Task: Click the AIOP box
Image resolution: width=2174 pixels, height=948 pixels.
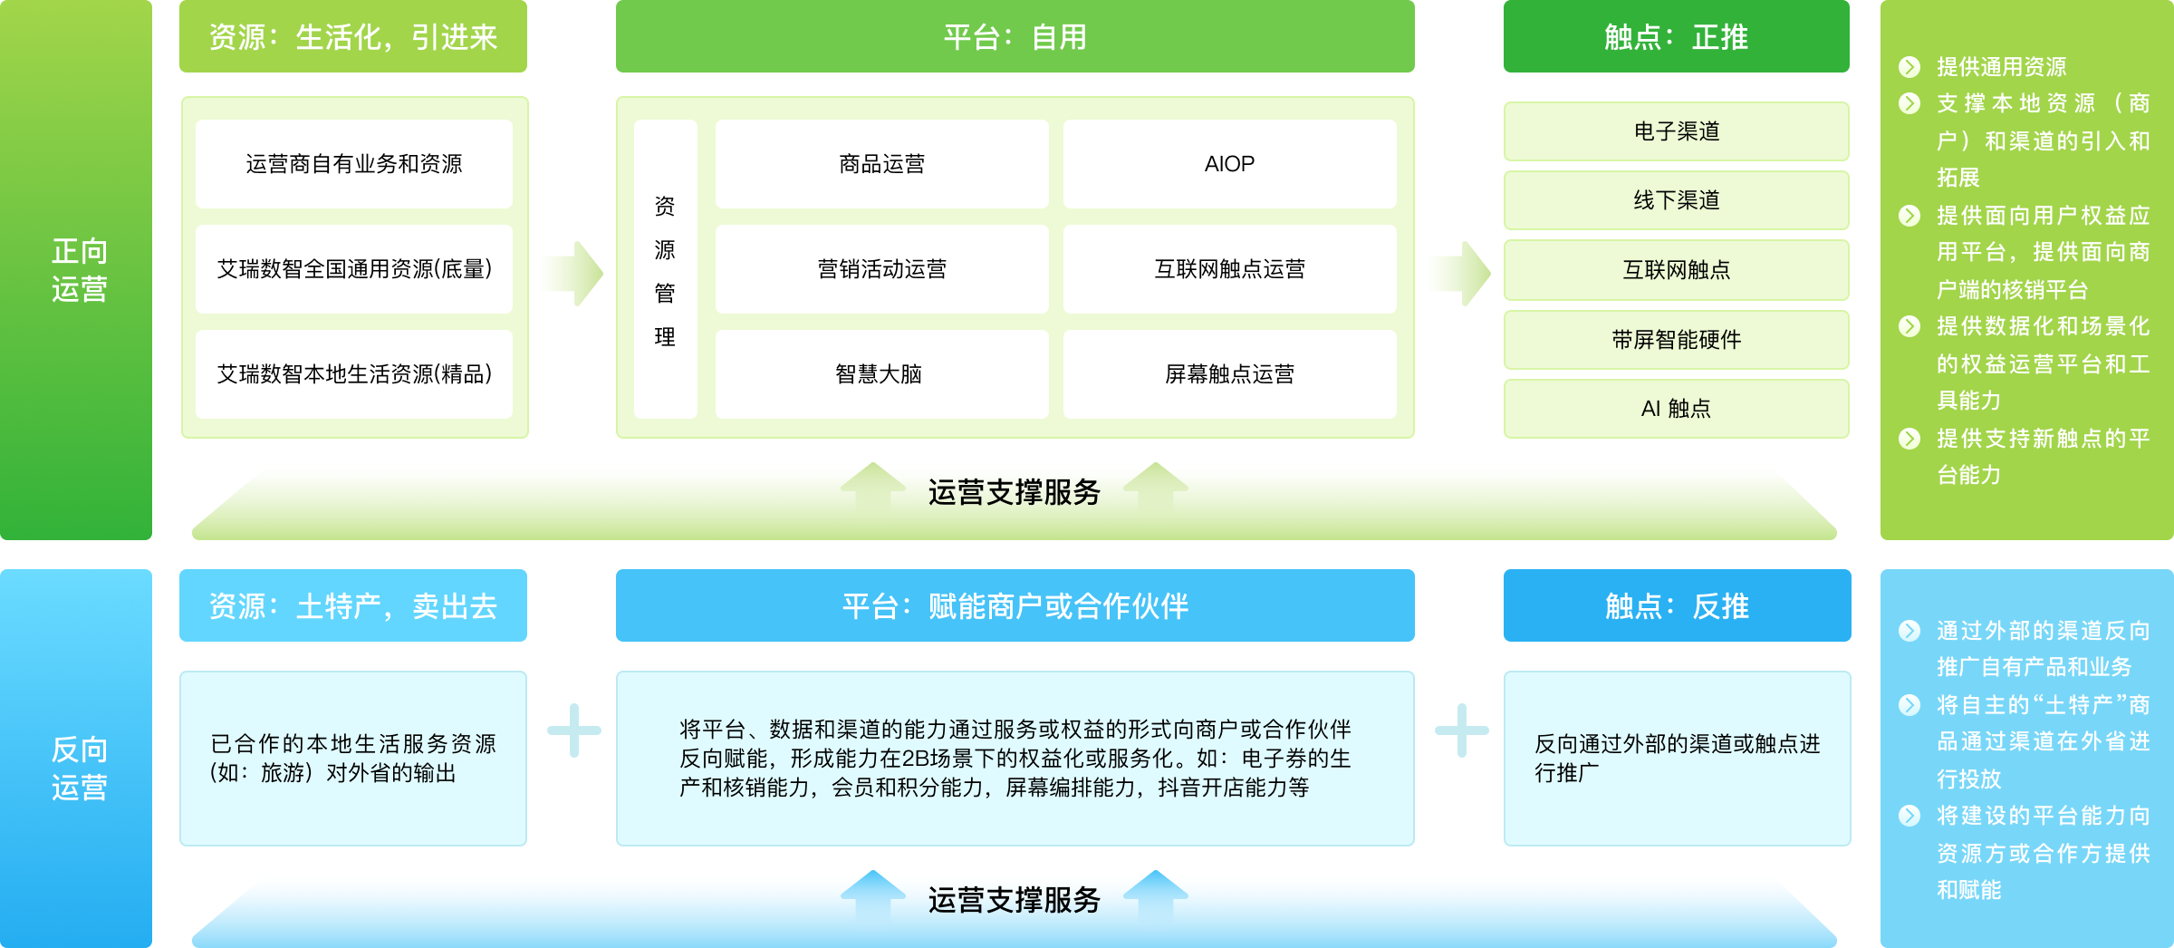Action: point(1229,164)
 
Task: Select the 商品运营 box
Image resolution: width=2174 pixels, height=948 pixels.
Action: point(881,164)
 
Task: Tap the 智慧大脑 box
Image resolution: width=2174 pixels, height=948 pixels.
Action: point(881,374)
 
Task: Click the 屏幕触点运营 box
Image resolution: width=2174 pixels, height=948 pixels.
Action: point(1229,374)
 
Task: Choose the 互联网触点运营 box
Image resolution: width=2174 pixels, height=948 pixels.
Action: point(1229,269)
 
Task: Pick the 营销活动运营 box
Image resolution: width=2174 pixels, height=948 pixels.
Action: point(881,269)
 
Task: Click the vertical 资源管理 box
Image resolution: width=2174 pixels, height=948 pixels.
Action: point(665,269)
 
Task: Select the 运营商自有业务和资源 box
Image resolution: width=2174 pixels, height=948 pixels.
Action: point(354,164)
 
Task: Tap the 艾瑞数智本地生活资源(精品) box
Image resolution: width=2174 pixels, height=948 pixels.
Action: point(354,374)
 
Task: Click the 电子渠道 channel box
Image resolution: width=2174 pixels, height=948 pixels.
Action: point(1677,131)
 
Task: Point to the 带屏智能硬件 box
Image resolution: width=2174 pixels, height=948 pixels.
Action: point(1677,340)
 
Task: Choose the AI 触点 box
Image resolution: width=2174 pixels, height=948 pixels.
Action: point(1677,409)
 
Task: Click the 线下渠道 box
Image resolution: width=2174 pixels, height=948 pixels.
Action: point(1677,200)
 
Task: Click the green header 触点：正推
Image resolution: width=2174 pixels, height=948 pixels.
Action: point(1677,36)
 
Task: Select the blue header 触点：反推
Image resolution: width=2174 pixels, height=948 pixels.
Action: point(1677,605)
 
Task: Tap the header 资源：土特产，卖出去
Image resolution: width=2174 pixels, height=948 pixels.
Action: point(353,605)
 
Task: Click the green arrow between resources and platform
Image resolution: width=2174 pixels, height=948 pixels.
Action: point(574,273)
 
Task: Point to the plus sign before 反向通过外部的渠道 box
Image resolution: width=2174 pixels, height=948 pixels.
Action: point(1461,730)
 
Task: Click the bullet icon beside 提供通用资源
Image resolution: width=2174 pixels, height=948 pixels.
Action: point(1909,67)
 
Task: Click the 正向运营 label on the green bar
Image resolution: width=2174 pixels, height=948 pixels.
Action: point(80,270)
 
